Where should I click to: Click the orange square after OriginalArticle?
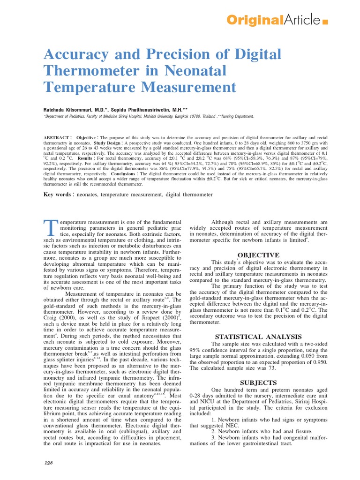coord(325,22)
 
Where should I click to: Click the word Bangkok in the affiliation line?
coord(180,117)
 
